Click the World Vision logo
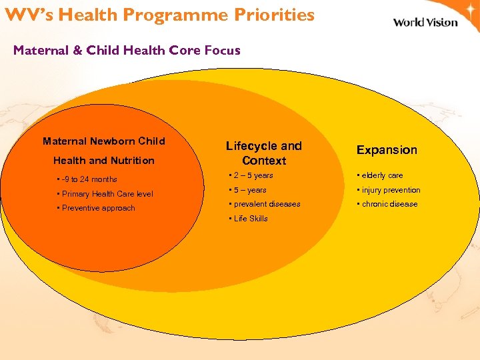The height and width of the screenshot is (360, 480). coord(425,22)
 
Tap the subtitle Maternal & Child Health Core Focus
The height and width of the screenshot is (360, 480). coord(127,50)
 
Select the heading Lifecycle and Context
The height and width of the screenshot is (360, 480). coord(264,153)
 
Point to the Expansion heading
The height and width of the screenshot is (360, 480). coord(387,150)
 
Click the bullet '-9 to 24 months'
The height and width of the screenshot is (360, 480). coord(89,179)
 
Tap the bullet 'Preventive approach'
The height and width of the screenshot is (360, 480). coord(98,208)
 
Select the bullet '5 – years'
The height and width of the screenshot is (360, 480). coord(249,190)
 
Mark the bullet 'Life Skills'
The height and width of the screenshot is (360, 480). coord(249,219)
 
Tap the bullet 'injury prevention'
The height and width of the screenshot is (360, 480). coord(390,190)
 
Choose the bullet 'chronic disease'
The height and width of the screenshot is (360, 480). coord(389,204)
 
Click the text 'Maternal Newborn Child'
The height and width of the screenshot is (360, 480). coord(104,141)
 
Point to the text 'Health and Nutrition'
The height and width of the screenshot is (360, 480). coord(104,161)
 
